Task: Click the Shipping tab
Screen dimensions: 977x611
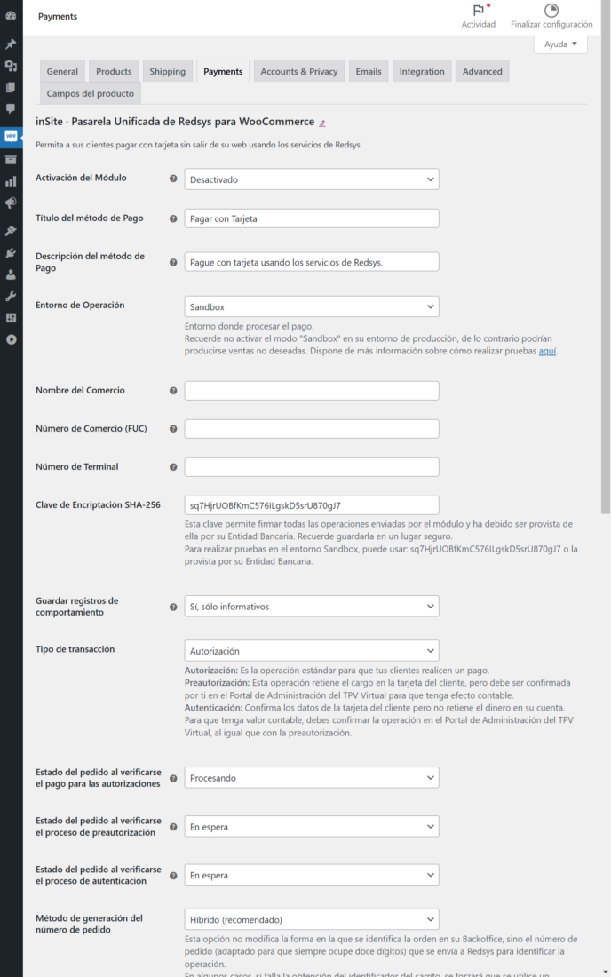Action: click(167, 71)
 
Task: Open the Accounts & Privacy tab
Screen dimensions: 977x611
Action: click(298, 71)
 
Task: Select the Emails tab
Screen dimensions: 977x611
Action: click(369, 71)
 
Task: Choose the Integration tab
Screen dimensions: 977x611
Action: click(422, 71)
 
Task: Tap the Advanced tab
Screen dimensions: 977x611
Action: click(482, 71)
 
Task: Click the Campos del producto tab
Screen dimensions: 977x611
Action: click(91, 93)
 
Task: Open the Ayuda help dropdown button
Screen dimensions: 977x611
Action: click(560, 44)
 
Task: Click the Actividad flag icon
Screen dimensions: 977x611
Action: click(479, 11)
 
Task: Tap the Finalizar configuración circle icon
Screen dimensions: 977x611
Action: click(551, 11)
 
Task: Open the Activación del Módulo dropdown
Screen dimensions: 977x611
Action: click(311, 179)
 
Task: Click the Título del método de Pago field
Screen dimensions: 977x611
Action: click(311, 218)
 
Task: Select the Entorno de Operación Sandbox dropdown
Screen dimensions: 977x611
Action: click(311, 306)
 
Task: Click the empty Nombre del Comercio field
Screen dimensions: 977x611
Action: click(311, 391)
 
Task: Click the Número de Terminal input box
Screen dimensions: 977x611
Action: click(311, 467)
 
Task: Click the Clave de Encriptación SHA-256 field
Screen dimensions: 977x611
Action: click(311, 505)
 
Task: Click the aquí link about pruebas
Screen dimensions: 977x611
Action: click(548, 351)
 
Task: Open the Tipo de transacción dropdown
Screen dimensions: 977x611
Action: click(311, 650)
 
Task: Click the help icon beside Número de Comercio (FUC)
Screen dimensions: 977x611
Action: click(173, 429)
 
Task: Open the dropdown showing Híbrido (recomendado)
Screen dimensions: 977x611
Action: click(311, 918)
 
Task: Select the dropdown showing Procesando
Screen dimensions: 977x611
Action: click(311, 777)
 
